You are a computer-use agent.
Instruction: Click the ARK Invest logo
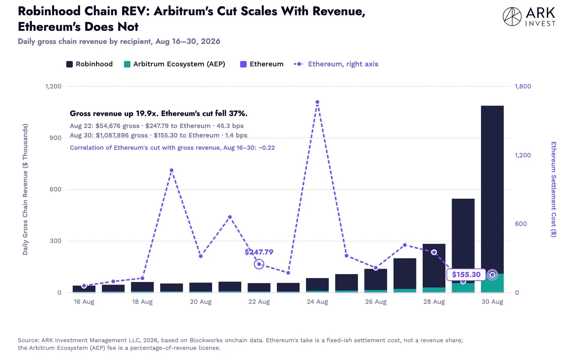click(529, 17)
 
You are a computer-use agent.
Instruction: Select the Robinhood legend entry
click(89, 64)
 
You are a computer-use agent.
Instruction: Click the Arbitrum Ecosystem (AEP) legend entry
click(174, 64)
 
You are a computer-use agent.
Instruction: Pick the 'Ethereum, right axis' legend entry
click(336, 64)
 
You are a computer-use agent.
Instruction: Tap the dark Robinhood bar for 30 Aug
click(492, 190)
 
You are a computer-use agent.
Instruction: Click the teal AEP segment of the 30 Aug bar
click(492, 283)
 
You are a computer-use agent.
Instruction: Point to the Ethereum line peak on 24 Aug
click(318, 102)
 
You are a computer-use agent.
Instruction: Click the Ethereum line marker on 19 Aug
click(171, 170)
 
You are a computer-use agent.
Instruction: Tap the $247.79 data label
click(259, 252)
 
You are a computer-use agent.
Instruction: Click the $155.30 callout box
click(466, 274)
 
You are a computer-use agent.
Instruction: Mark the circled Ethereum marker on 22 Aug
click(259, 264)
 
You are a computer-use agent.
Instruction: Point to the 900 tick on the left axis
click(55, 138)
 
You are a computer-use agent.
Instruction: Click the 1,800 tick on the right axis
click(523, 86)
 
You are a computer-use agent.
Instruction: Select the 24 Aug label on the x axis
click(318, 302)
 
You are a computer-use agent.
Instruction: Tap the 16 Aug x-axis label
click(84, 302)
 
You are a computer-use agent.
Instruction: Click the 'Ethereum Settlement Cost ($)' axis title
click(554, 189)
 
